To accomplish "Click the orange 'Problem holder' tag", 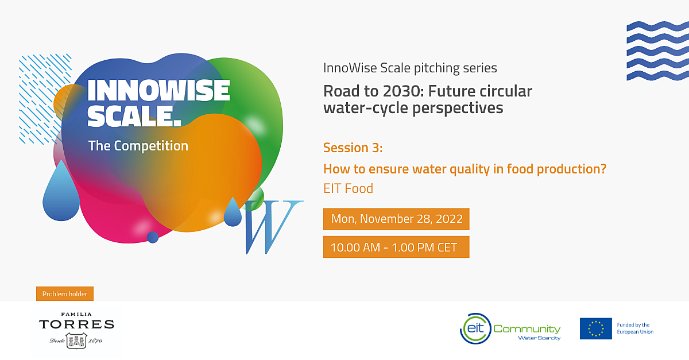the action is coord(65,294).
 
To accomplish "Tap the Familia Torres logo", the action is coord(76,331).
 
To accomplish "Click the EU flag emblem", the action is coord(596,328).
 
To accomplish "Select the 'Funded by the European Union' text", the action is coord(635,328).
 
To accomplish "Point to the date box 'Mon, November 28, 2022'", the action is coord(396,219).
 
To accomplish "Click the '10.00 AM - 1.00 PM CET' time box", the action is coord(396,247).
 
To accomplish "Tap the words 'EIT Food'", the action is coord(348,188).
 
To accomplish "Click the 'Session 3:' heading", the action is coord(353,148).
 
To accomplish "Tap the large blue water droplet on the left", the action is coord(61,191).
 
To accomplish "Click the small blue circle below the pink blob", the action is coord(153,237).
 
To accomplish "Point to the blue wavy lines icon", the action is coord(657,51).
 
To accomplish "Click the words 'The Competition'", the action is coord(138,146).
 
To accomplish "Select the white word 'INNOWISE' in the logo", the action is coord(158,91).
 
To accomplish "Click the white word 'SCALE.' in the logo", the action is coord(134,116).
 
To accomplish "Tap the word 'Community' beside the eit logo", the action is coord(527,329).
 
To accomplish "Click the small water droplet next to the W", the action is coord(233,212).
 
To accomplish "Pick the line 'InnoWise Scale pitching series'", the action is coord(410,68).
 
